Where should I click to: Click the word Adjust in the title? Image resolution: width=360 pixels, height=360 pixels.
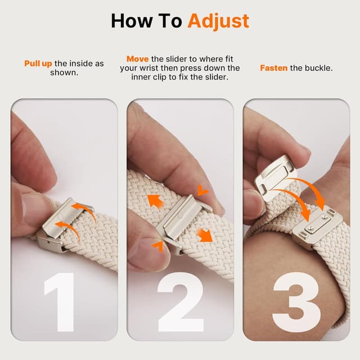click(218, 21)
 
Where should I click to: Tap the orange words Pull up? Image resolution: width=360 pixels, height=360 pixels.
click(38, 64)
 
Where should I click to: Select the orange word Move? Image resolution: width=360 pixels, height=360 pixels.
click(138, 59)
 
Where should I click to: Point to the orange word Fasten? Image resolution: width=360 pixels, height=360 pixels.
click(274, 68)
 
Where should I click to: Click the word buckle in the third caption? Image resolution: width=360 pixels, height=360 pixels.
click(318, 68)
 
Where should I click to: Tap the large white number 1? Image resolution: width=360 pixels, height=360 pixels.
click(58, 302)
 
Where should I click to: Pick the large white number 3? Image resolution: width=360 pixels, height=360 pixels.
click(296, 302)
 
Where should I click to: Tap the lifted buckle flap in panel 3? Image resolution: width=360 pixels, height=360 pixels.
click(278, 174)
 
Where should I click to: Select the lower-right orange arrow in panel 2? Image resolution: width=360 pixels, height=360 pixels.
click(205, 233)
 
